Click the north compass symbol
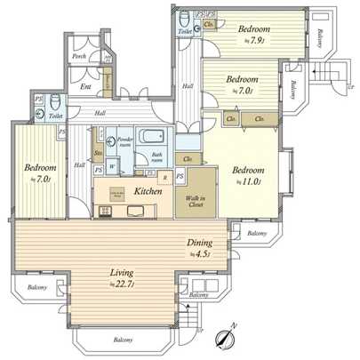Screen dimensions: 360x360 [225, 336]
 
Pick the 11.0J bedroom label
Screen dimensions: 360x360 [244, 176]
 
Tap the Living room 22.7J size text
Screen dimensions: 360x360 [120, 284]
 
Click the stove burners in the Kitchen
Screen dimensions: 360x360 [107, 211]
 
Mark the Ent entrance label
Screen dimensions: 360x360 [86, 86]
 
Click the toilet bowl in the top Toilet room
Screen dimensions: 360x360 [183, 20]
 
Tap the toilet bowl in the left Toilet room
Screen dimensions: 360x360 [54, 100]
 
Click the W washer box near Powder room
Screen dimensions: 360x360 [113, 164]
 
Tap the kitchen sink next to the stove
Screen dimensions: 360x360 [135, 211]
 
